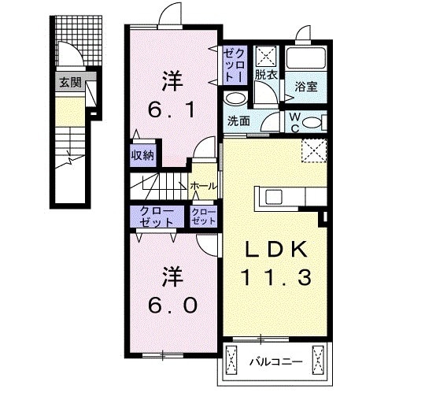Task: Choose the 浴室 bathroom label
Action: pos(307,87)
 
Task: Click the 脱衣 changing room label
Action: pos(264,75)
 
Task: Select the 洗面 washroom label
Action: pos(239,121)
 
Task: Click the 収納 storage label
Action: pos(142,154)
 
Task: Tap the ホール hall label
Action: pos(204,187)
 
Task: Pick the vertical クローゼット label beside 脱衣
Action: pos(233,65)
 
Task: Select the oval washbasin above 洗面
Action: pos(235,99)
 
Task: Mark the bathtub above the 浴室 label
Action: pos(307,58)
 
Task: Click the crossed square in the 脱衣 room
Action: pos(266,56)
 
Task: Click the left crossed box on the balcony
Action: pos(231,362)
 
